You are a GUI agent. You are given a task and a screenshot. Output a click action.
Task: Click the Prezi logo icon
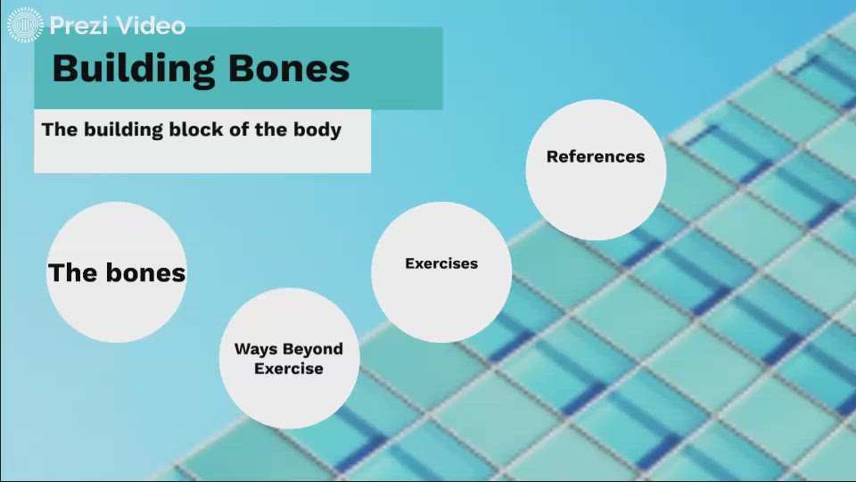click(25, 24)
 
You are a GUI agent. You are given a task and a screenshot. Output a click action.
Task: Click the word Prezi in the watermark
click(78, 25)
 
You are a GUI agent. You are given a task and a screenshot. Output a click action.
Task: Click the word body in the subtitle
click(317, 129)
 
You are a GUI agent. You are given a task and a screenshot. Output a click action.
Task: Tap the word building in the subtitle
click(124, 129)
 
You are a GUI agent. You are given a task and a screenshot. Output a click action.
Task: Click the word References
click(596, 156)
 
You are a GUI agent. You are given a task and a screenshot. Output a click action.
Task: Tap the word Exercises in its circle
click(441, 263)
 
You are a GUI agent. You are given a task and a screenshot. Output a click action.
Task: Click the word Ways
click(256, 349)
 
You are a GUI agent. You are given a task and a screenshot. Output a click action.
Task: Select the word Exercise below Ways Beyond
click(289, 369)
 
